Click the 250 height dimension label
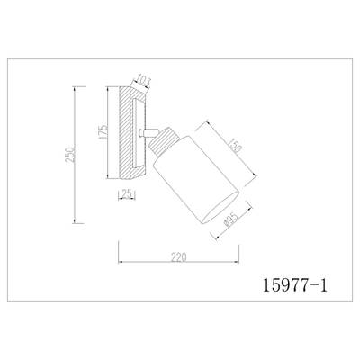[70, 155]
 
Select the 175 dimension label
[103, 131]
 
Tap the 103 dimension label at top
[142, 80]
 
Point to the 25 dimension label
[128, 194]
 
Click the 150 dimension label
[235, 145]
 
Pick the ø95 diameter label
[231, 220]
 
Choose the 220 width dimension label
[179, 257]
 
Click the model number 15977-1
[295, 285]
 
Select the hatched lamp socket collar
[165, 140]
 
